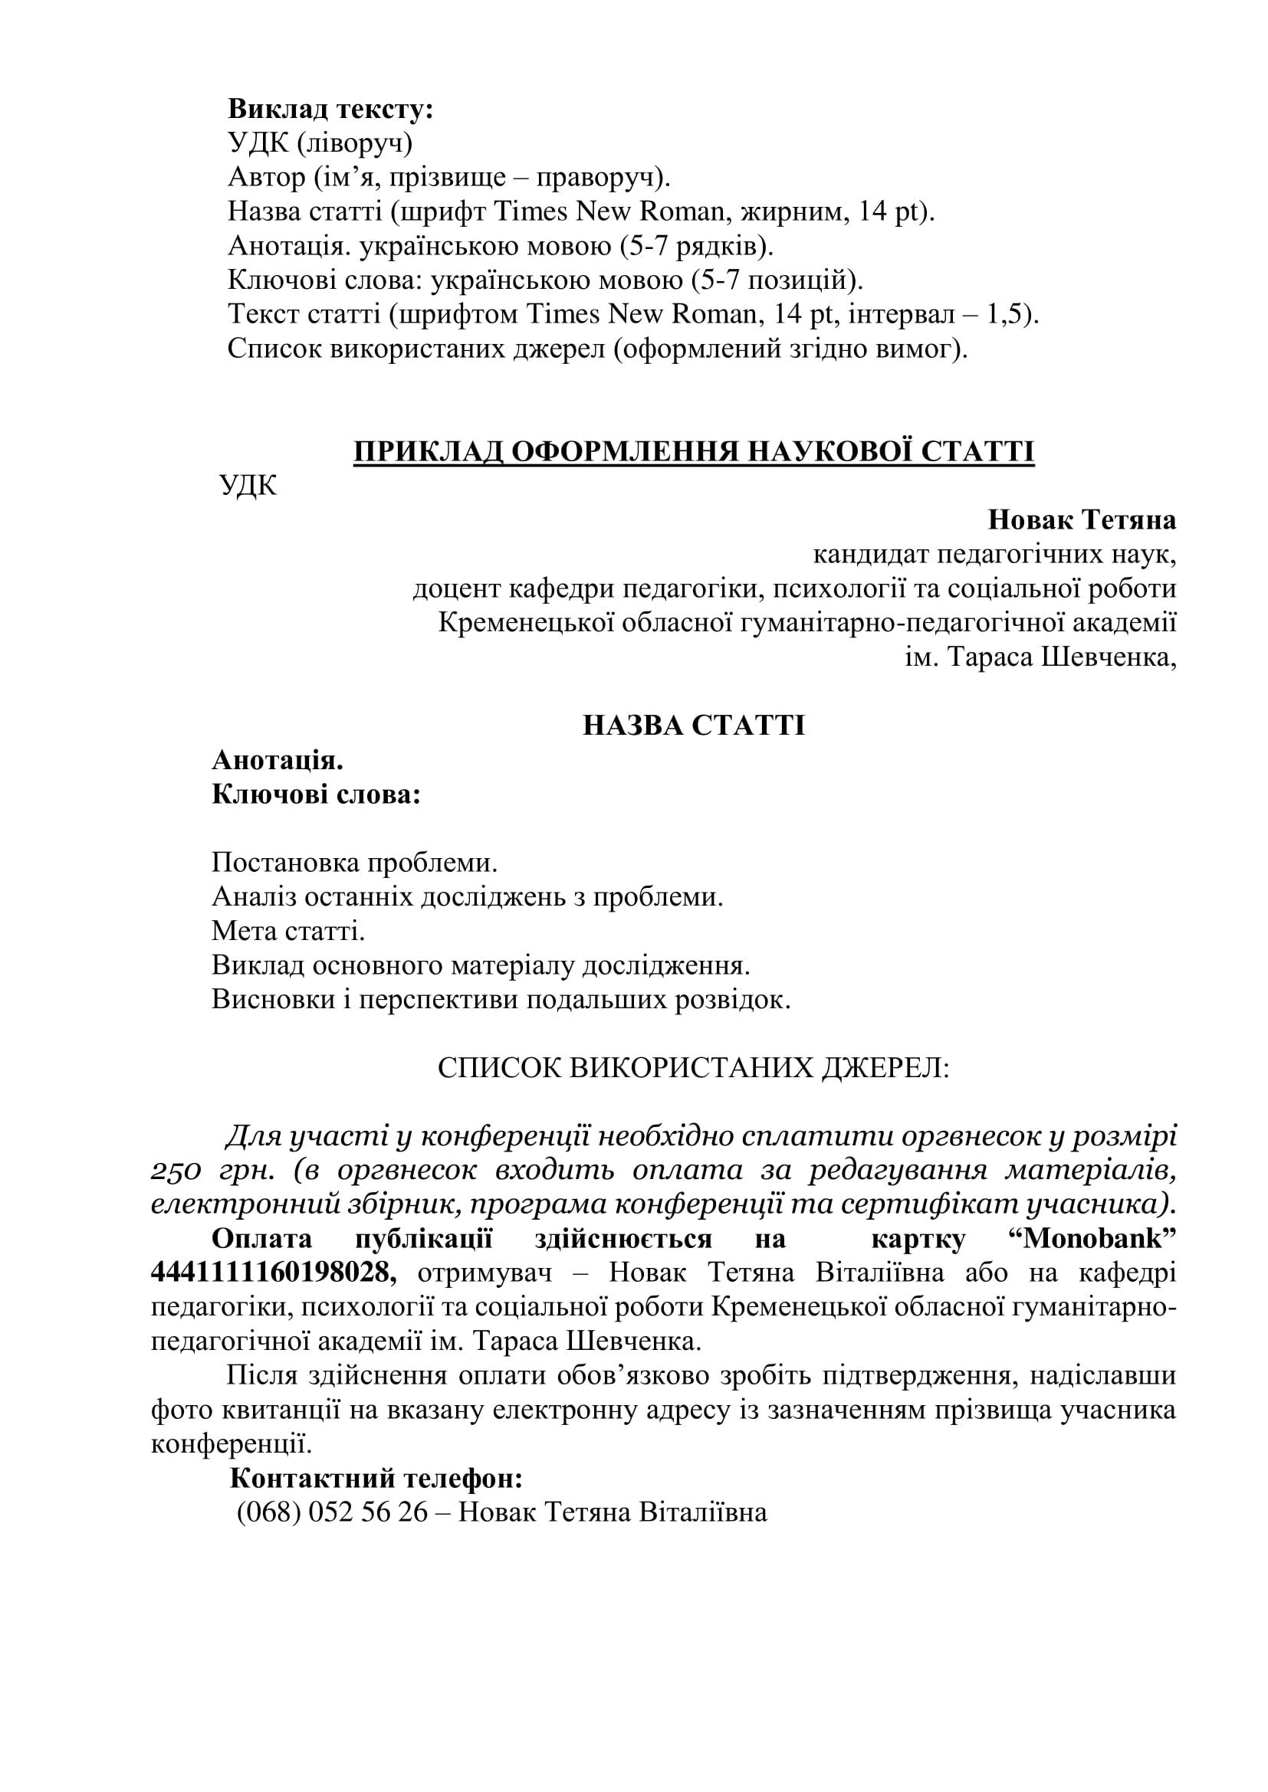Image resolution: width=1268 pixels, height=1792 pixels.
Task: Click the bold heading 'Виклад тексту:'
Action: [x=330, y=110]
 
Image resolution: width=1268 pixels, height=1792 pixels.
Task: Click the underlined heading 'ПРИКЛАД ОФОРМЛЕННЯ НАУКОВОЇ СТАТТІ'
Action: [x=693, y=452]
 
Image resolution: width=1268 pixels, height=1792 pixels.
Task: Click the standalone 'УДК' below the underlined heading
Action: [x=248, y=486]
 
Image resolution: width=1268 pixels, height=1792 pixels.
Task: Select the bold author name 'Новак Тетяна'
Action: [x=1082, y=519]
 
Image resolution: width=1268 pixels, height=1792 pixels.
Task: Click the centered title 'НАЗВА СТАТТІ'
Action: [x=693, y=726]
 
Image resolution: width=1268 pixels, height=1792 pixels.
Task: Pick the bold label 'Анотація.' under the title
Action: [x=278, y=760]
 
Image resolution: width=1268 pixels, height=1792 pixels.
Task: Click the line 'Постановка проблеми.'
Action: [x=354, y=863]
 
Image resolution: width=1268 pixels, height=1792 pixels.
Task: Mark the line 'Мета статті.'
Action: [x=288, y=931]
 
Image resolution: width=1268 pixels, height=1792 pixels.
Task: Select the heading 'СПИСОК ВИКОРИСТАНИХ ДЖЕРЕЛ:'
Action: [x=693, y=1069]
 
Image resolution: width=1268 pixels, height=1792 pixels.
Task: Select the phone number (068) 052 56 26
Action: [x=332, y=1513]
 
